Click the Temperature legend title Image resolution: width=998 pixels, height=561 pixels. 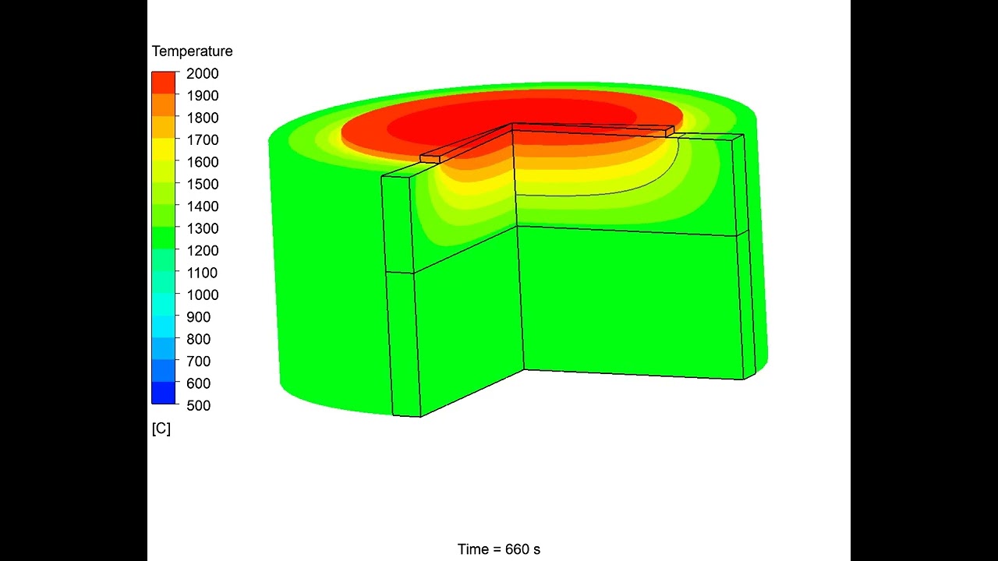[192, 51]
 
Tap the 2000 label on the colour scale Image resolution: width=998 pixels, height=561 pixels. [202, 73]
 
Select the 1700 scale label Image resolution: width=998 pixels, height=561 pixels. [202, 140]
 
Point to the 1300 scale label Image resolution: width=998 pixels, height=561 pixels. [202, 228]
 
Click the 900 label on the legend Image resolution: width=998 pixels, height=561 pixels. [198, 317]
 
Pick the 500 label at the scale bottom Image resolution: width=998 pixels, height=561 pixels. [198, 406]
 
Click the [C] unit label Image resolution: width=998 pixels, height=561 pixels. [161, 429]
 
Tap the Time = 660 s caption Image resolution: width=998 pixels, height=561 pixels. [498, 549]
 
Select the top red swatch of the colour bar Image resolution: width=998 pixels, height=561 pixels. [164, 83]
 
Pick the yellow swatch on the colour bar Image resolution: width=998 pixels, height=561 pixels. [164, 150]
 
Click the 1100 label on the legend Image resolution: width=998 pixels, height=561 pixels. [202, 273]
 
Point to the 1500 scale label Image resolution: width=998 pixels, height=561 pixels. [202, 185]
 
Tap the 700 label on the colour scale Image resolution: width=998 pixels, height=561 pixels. [198, 362]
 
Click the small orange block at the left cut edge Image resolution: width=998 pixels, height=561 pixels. [430, 159]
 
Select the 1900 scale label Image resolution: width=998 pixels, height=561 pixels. [202, 96]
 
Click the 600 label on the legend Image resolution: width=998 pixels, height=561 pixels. [198, 383]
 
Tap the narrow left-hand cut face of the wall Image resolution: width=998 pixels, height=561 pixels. [401, 296]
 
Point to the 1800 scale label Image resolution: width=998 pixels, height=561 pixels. [202, 118]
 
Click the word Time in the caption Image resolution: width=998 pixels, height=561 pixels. [472, 549]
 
